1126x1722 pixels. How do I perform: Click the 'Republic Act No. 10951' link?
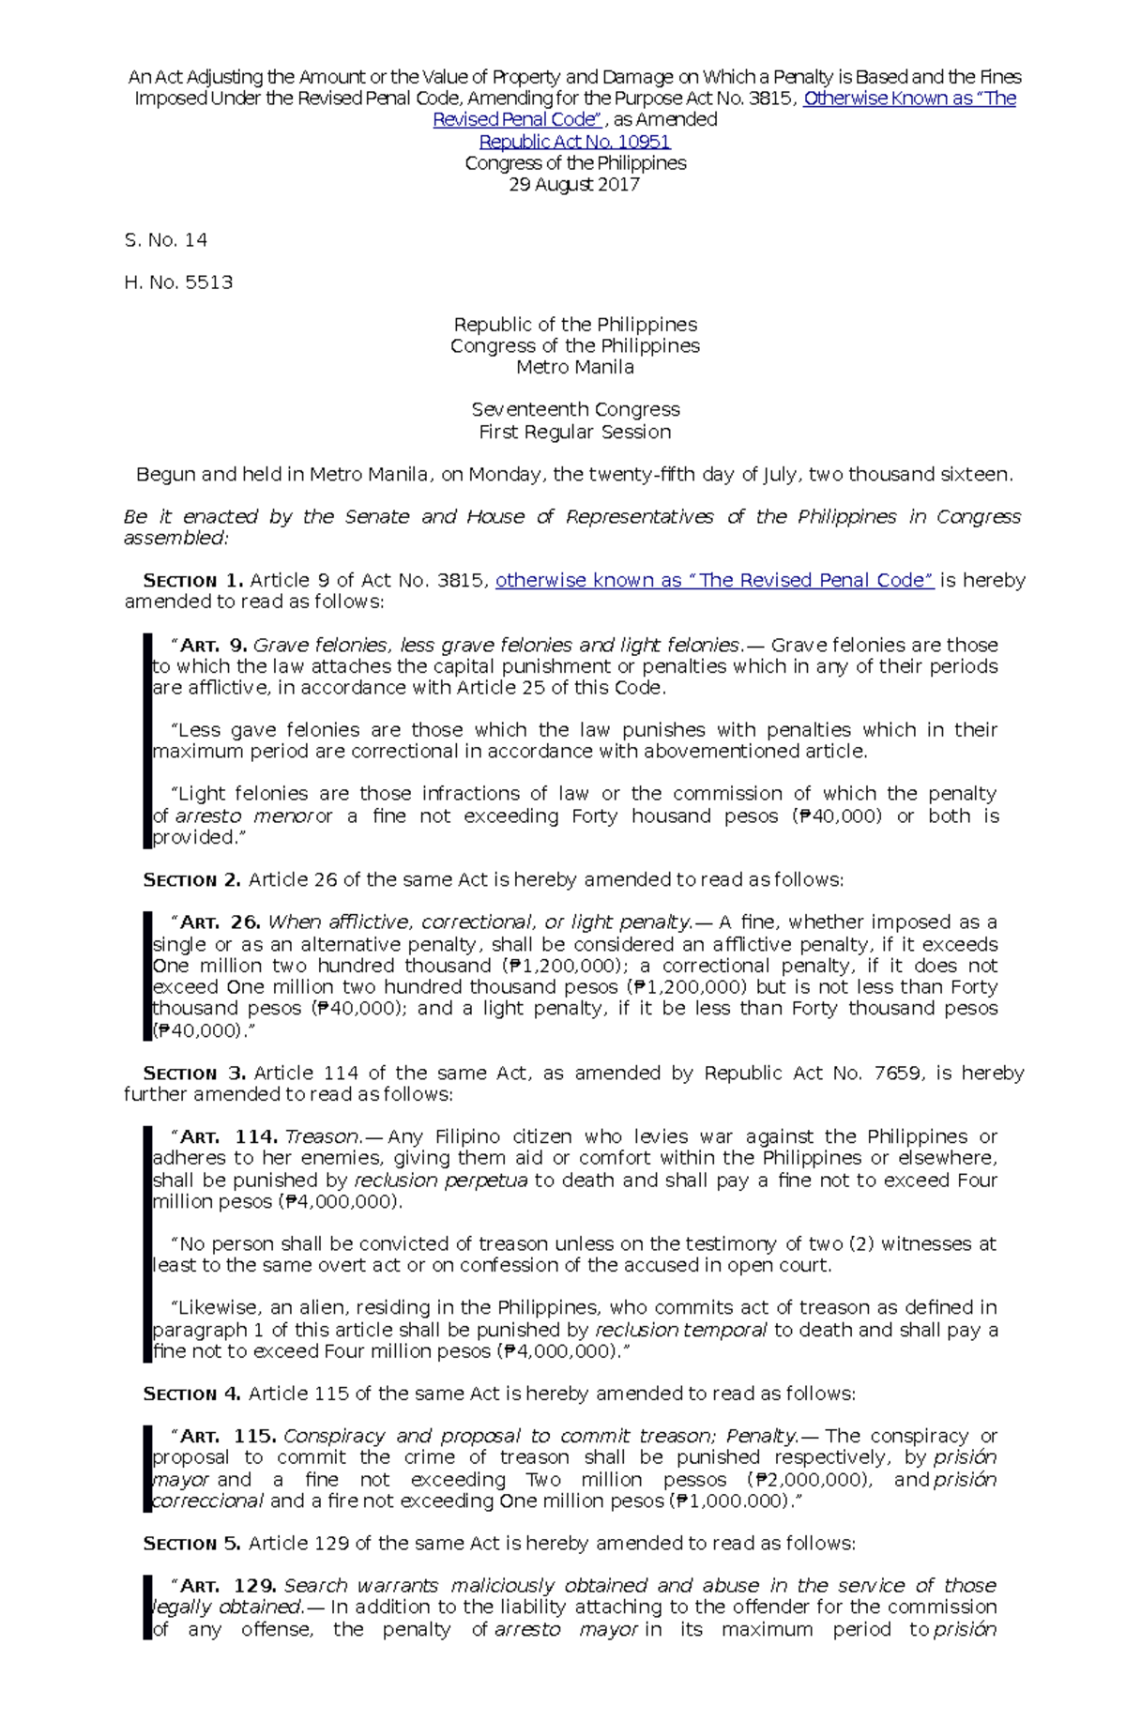tap(574, 142)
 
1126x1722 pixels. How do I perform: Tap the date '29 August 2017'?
tap(574, 185)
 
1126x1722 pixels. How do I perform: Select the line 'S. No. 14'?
tap(166, 240)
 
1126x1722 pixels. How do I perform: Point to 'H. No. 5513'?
tap(178, 282)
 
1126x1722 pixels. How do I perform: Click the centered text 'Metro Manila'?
tap(574, 367)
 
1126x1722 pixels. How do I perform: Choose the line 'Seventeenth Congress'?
tap(575, 409)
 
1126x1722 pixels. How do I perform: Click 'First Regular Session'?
tap(574, 432)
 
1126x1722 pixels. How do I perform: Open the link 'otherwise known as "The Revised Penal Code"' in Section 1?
tap(714, 580)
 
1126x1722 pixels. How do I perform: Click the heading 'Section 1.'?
tap(192, 581)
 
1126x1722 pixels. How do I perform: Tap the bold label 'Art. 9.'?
tap(213, 645)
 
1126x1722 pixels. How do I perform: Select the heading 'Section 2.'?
tap(191, 880)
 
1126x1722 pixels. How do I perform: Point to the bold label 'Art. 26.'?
tap(221, 922)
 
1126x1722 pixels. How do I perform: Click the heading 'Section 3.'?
tap(193, 1073)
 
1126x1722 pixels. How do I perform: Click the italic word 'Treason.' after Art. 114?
tap(322, 1136)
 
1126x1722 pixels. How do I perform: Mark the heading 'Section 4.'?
tap(191, 1394)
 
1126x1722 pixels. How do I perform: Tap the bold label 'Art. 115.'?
tap(227, 1436)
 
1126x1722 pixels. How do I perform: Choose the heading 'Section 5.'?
tap(191, 1544)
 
